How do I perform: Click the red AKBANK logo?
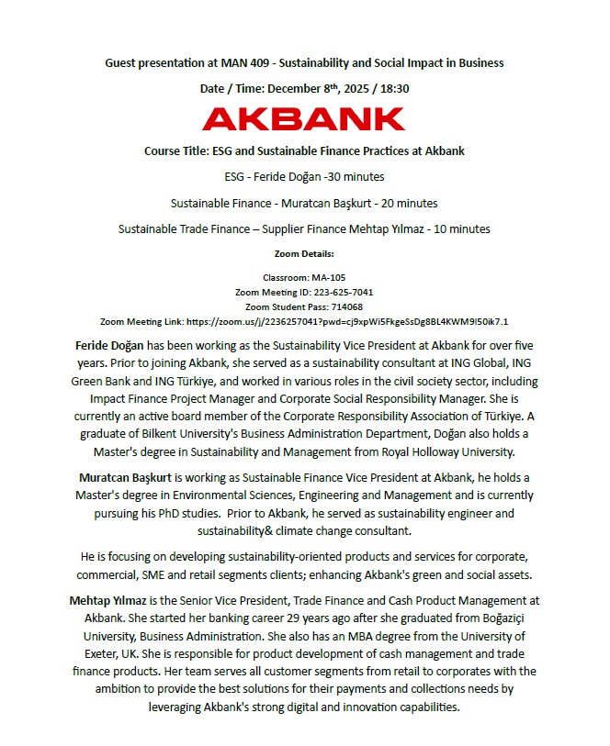click(304, 118)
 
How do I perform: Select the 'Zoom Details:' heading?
click(304, 252)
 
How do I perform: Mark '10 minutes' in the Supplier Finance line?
click(460, 228)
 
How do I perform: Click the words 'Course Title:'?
click(177, 150)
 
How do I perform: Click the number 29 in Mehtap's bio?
click(261, 618)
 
